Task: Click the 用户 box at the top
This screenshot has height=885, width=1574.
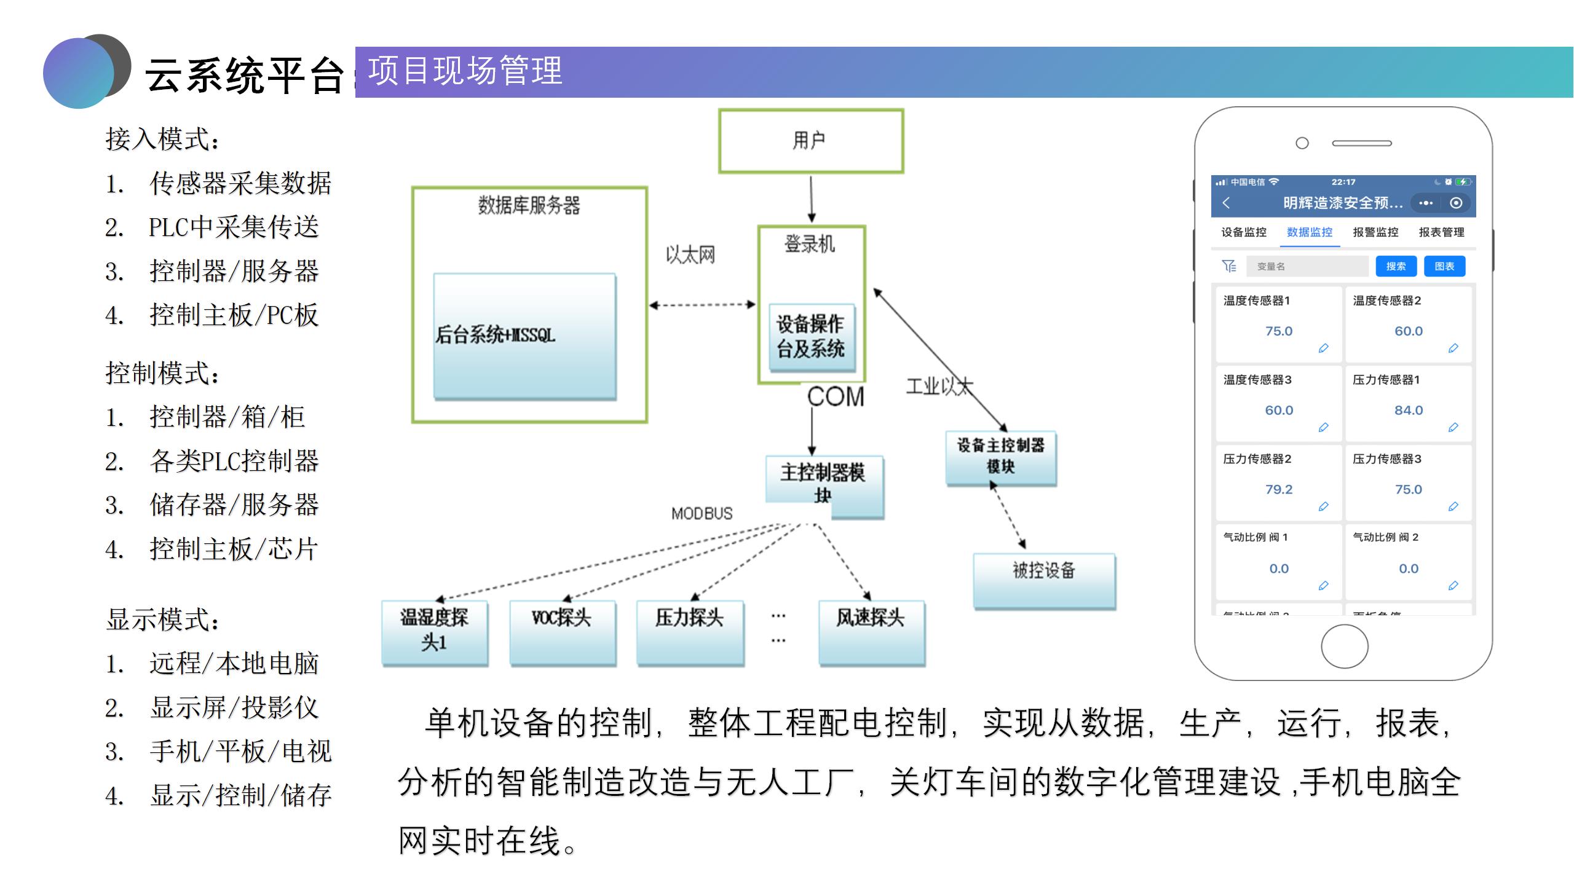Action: [811, 141]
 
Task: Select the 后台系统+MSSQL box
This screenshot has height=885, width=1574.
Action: [524, 336]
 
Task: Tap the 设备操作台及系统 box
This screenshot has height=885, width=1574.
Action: [812, 337]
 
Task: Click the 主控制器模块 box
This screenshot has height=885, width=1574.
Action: [824, 486]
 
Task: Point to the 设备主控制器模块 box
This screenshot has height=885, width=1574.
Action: [1001, 457]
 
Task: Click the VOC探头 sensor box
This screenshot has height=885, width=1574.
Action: [562, 631]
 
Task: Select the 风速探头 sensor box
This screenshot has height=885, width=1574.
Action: [871, 631]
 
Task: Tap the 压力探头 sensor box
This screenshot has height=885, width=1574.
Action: [690, 631]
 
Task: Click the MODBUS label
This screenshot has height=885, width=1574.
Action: [702, 513]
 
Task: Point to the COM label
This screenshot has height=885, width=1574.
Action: [836, 397]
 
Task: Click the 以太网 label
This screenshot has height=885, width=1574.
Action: [690, 255]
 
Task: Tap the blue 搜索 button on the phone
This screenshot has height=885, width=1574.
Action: [1396, 266]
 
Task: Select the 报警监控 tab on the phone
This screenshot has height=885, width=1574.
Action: [1375, 232]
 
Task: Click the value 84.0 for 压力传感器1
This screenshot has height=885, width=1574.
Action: [1408, 410]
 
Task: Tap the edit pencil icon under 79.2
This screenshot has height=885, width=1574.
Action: [1323, 506]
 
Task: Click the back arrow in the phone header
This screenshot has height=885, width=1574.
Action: [1227, 203]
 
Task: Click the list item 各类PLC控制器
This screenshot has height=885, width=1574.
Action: [234, 461]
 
